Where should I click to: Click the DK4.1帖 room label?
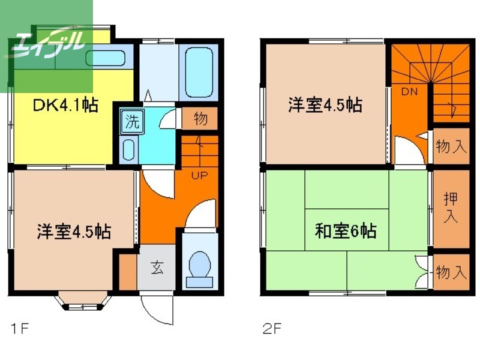[65, 106]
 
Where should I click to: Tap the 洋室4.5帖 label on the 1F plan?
[74, 231]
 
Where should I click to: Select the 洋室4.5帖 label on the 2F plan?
[325, 106]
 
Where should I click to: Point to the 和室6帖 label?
[346, 231]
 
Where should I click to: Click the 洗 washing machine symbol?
[131, 122]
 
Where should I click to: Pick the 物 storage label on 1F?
[201, 119]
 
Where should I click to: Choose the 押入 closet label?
[451, 208]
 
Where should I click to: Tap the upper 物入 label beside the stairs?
[451, 146]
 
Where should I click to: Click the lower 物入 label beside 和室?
[451, 273]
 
